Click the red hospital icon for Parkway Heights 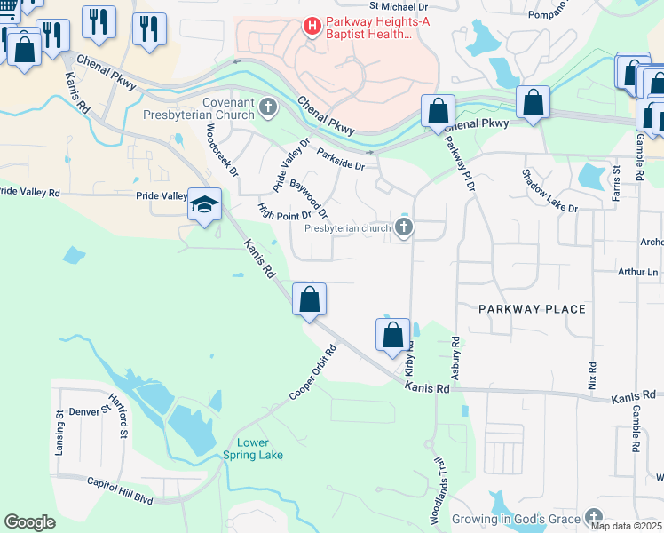point(312,26)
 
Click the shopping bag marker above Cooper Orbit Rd point(309,298)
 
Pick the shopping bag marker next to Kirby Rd point(392,335)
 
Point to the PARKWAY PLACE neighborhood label point(532,309)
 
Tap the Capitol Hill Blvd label point(120,489)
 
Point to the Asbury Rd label point(455,359)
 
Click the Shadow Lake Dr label point(549,191)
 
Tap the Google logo point(29,522)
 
